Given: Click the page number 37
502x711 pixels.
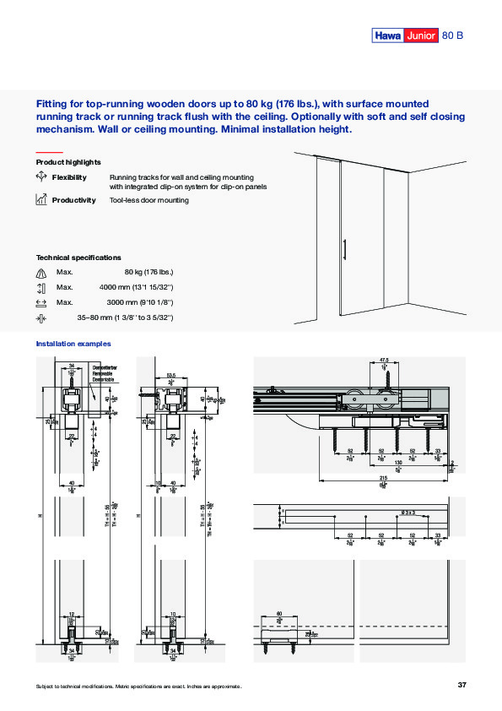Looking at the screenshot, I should (x=462, y=684).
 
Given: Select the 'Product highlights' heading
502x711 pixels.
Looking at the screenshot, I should (x=68, y=161).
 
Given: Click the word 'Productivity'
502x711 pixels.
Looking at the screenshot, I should (x=73, y=200).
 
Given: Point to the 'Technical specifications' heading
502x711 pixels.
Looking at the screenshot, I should (x=78, y=257).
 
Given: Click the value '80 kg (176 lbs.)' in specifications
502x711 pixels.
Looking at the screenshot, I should (x=148, y=272).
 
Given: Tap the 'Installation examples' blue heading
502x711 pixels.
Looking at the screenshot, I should (x=73, y=344).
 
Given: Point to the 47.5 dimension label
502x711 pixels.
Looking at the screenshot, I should (x=384, y=359).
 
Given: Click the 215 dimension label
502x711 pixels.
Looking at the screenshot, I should (x=384, y=477).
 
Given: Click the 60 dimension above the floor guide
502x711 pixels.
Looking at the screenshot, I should (x=278, y=615).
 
